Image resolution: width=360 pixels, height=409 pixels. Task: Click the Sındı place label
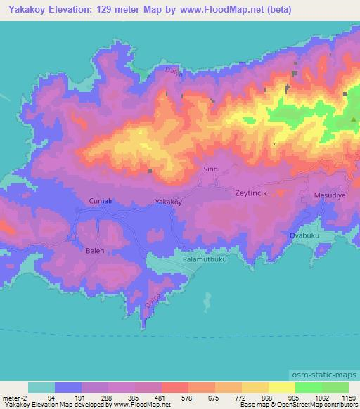coord(212,169)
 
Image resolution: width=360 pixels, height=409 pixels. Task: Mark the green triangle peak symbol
coord(353,119)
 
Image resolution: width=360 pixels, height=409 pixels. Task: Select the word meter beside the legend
coord(11,397)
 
